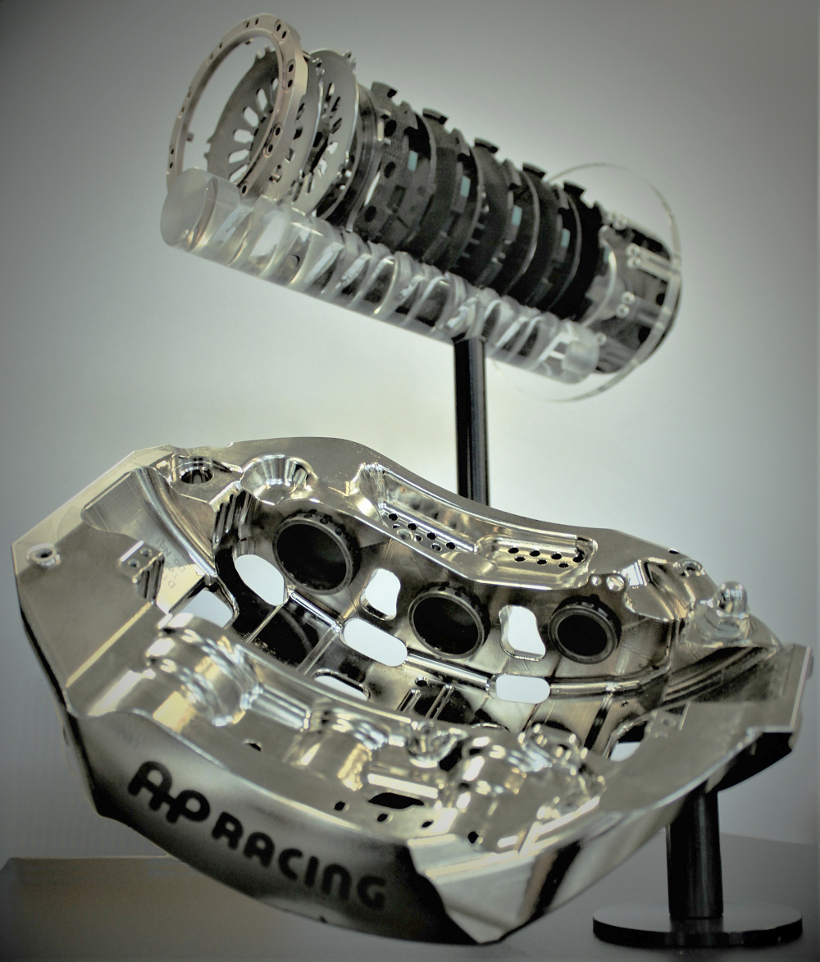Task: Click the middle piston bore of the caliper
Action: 447,622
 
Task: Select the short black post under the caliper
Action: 694,845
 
